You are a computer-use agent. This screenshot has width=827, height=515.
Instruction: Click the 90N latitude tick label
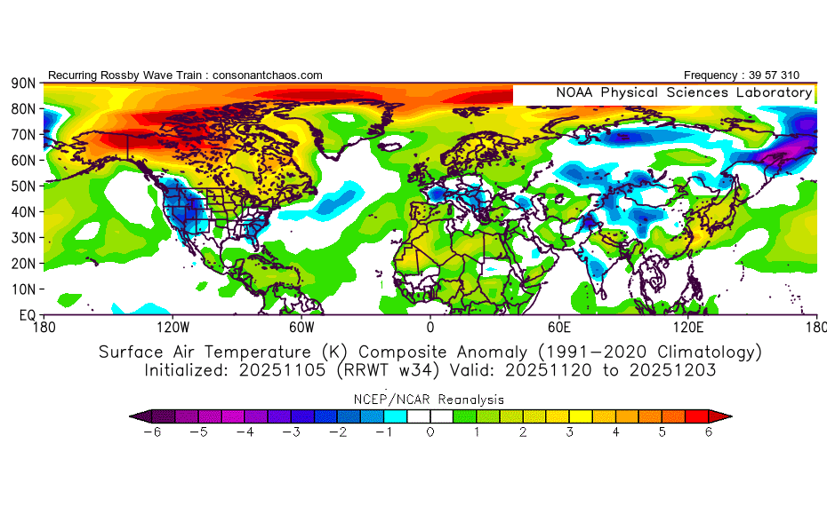click(x=22, y=83)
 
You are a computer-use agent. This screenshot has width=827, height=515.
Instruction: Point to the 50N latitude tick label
click(x=22, y=186)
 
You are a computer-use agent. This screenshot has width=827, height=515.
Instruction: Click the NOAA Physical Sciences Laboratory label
click(x=684, y=92)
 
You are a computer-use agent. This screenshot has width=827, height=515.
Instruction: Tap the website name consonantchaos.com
click(x=268, y=75)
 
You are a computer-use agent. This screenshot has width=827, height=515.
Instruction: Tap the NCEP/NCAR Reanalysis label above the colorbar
click(x=430, y=399)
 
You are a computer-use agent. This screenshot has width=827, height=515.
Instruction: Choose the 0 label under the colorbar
click(x=430, y=432)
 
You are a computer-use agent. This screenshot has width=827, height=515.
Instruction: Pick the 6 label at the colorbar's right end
click(x=709, y=432)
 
